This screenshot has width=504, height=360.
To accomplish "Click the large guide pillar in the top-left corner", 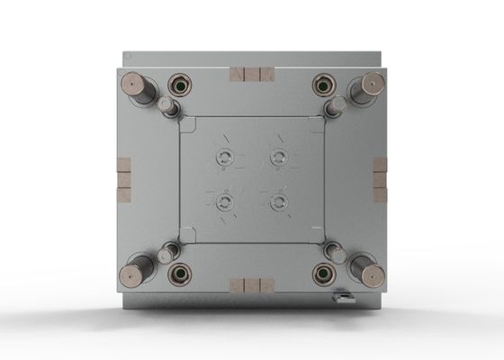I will (136, 85).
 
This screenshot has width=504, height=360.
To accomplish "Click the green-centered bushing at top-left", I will (179, 85).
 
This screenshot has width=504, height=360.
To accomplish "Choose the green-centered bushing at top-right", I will (324, 85).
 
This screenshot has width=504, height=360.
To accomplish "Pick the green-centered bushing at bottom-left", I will (179, 273).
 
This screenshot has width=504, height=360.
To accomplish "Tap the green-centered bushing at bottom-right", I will (324, 273).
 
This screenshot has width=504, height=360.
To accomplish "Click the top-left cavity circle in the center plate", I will (224, 157).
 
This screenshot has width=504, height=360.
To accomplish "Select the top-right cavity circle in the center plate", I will (279, 157).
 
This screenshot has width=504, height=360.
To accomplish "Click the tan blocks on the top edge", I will (251, 74).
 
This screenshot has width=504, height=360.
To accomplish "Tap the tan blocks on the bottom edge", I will (251, 285).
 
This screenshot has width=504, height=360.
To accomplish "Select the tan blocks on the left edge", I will (123, 180).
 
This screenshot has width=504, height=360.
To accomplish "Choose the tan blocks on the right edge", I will (380, 180).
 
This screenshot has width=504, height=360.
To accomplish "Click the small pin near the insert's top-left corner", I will (167, 107).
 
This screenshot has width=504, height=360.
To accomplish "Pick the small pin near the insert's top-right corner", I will (337, 106).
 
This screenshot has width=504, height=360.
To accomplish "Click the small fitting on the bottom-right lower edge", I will (342, 294).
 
